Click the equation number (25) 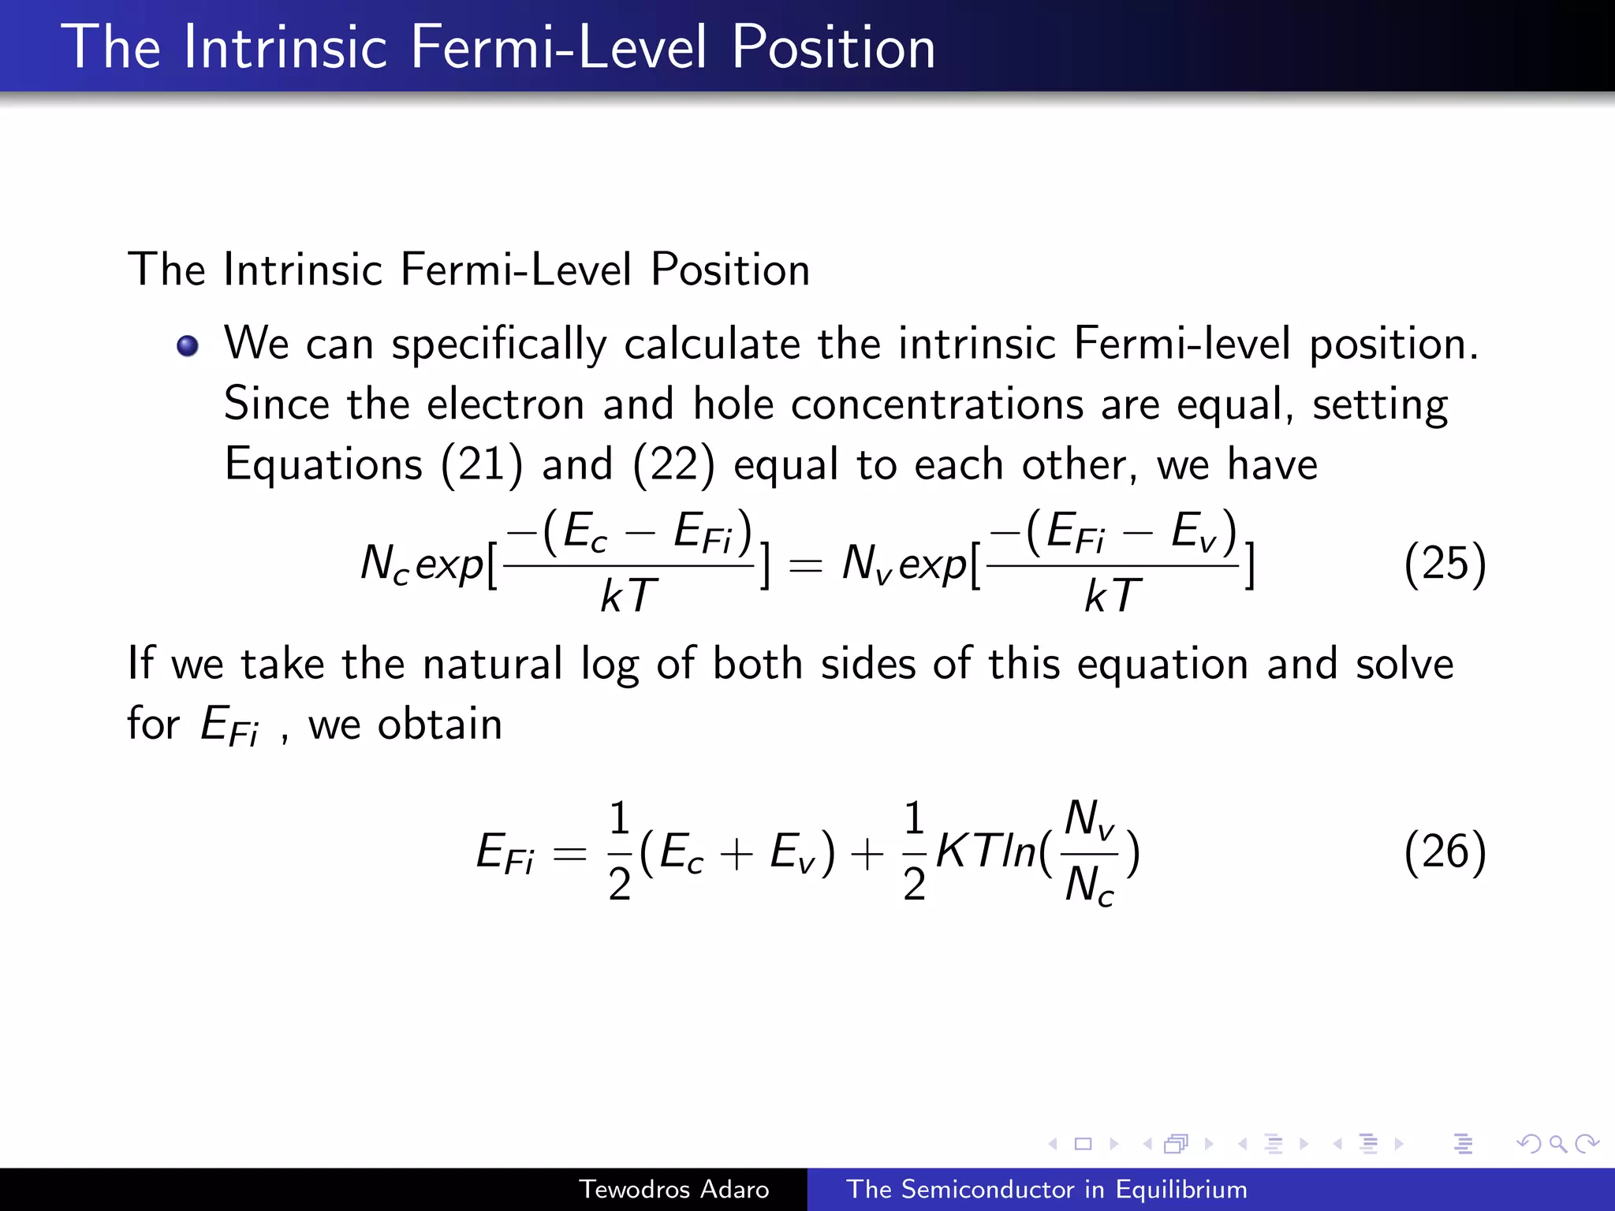pos(1445,564)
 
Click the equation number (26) pos(1445,851)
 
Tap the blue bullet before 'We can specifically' pos(188,345)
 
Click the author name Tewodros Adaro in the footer pos(673,1189)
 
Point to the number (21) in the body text pos(482,464)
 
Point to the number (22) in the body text pos(673,464)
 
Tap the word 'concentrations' pos(937,404)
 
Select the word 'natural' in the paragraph pos(492,663)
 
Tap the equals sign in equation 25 pos(805,565)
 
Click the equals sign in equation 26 pos(569,854)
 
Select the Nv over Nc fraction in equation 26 pos(1089,851)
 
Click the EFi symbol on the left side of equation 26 pos(505,853)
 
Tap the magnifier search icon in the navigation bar pos(1557,1143)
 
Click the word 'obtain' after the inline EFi pos(439,724)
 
